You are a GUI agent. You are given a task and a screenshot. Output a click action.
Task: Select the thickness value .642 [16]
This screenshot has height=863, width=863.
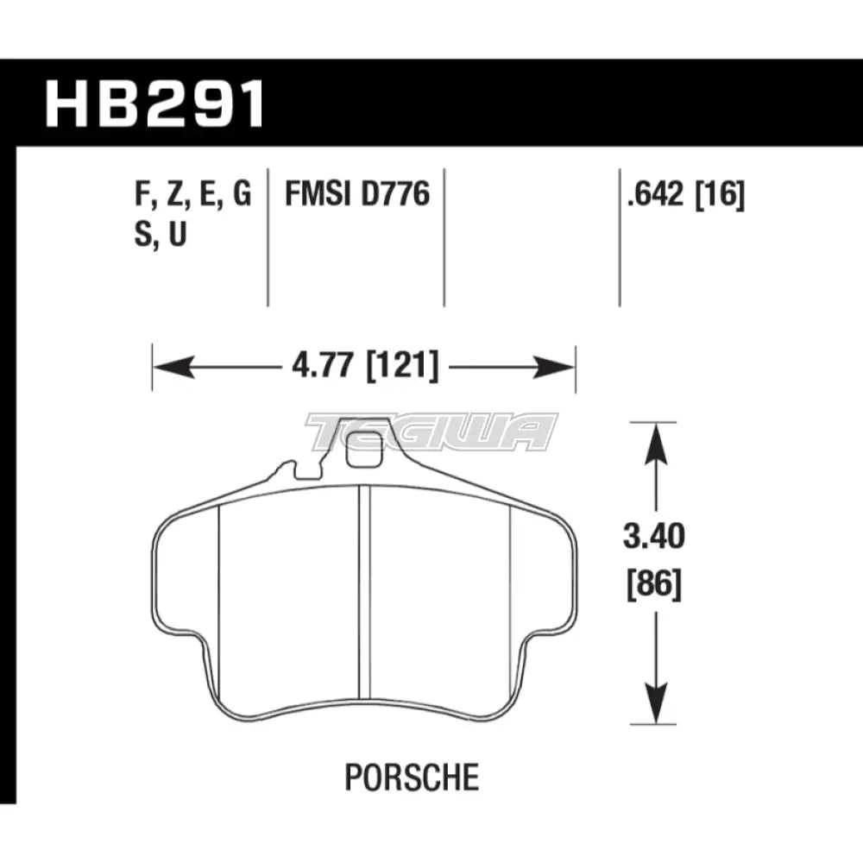(686, 197)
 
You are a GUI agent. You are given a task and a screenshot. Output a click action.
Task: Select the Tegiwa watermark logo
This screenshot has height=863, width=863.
(431, 432)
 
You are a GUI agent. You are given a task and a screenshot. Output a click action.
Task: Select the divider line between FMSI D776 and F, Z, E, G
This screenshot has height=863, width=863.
(267, 233)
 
